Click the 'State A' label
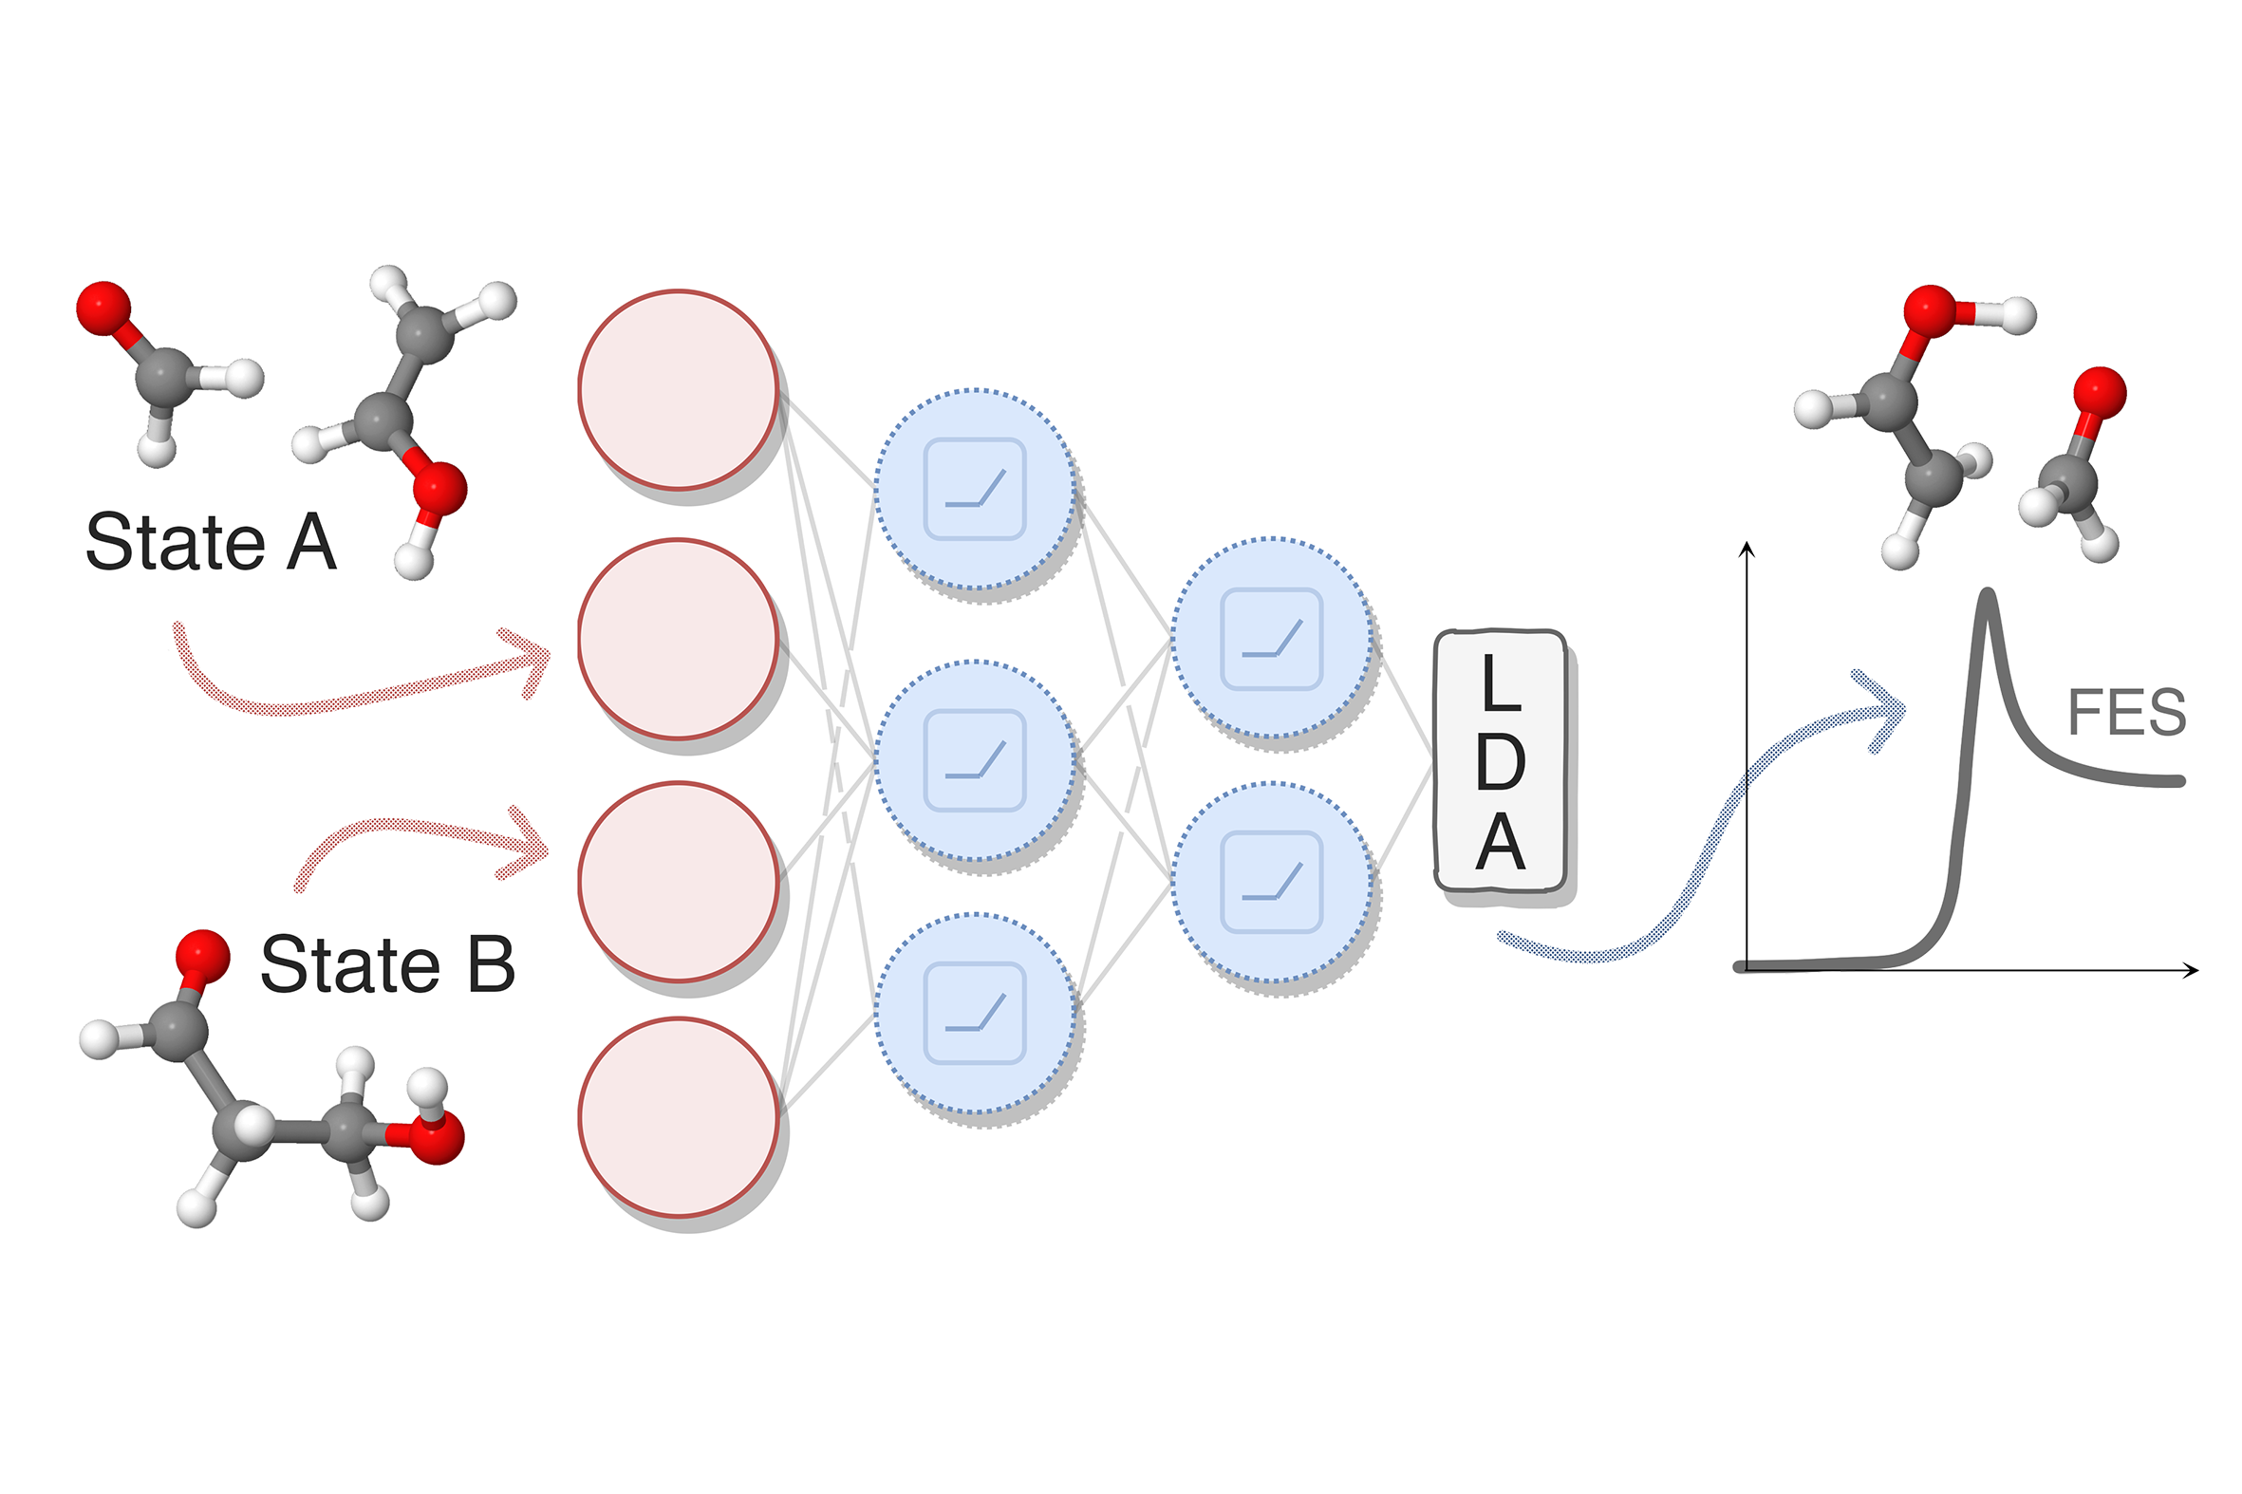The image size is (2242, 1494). point(211,542)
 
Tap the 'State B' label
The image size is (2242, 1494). point(387,964)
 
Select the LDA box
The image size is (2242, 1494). point(1500,761)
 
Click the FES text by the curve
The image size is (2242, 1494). point(2126,713)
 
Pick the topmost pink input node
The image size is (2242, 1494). point(679,390)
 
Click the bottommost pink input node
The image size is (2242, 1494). point(679,1117)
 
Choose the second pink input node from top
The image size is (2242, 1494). point(679,639)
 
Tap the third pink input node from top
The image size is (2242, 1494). point(679,882)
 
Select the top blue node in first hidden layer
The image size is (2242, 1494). point(975,489)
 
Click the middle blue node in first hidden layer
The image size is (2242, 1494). point(975,760)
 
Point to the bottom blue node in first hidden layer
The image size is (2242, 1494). point(975,1013)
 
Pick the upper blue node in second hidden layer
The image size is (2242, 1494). point(1272,639)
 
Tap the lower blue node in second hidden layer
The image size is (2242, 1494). point(1272,882)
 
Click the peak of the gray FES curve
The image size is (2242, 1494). point(1987,595)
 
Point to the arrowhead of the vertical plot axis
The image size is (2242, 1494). point(1747,548)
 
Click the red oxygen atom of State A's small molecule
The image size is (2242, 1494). point(103,308)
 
